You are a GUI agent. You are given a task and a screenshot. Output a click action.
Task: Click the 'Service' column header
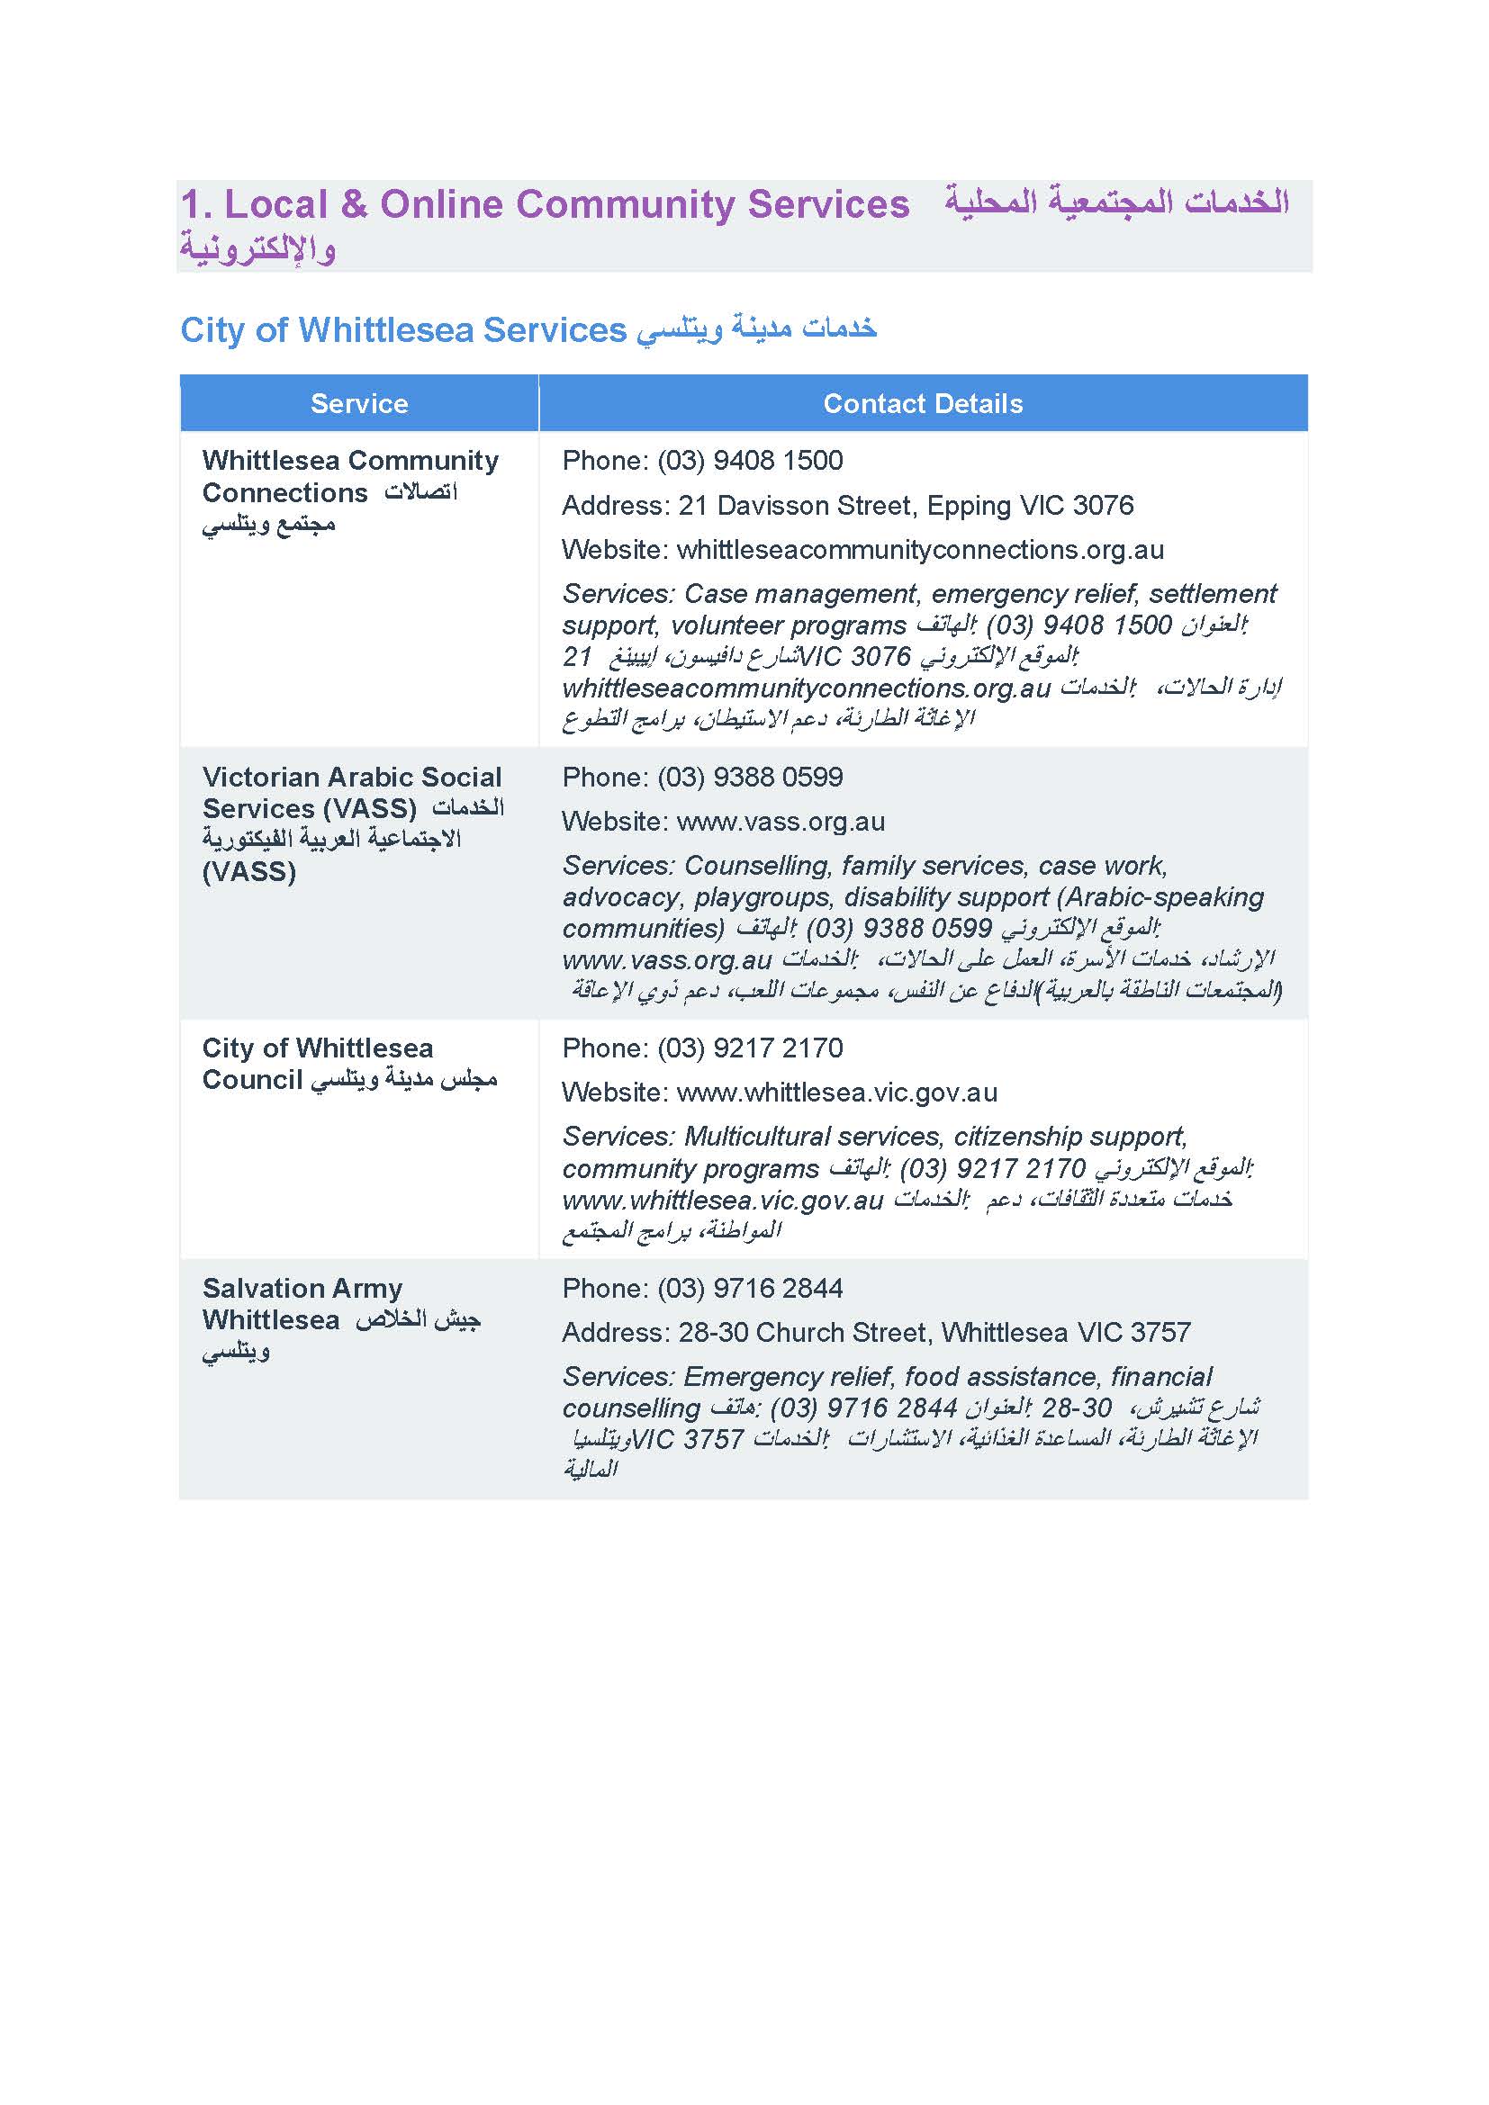point(358,403)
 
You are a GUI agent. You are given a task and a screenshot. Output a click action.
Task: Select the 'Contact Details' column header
point(923,403)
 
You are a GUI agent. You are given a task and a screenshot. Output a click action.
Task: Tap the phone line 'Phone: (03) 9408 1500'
point(702,460)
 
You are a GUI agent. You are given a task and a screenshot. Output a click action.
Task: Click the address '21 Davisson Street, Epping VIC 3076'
point(925,505)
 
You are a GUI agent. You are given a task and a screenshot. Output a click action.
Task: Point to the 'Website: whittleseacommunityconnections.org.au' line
point(862,550)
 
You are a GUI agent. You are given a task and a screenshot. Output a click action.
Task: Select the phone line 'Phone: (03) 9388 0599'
point(702,778)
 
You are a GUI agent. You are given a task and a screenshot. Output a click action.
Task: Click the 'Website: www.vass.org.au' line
point(723,822)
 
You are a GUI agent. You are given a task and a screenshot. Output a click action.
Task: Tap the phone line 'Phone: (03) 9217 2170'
point(702,1048)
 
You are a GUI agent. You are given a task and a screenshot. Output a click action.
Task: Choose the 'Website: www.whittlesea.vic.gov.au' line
point(780,1093)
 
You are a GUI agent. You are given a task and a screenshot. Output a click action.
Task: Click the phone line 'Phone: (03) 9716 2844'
point(702,1288)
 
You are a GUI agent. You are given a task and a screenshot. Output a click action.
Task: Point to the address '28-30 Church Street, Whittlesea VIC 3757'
point(934,1332)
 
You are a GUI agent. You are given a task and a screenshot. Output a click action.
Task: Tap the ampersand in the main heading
point(353,204)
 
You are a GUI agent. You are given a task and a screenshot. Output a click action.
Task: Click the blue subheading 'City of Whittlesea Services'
point(402,330)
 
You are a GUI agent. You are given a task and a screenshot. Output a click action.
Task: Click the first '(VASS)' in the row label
point(370,809)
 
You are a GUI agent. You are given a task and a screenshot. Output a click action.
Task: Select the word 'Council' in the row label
point(252,1080)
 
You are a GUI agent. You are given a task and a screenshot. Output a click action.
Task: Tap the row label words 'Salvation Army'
point(302,1288)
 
